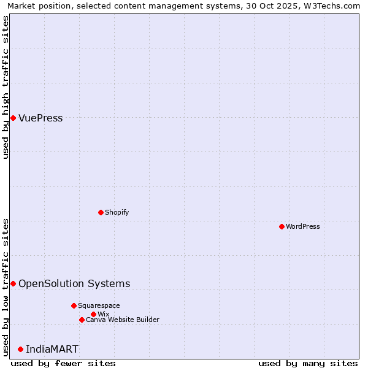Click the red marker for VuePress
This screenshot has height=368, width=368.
point(13,118)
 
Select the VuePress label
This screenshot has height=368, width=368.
point(40,118)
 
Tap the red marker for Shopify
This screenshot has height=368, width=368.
point(101,212)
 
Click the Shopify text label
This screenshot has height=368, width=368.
point(117,212)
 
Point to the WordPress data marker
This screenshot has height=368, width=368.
point(282,226)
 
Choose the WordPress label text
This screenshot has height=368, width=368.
point(303,226)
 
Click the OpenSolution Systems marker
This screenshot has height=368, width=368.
point(13,283)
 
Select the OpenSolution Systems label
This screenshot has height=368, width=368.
point(74,283)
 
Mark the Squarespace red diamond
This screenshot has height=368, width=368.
point(74,305)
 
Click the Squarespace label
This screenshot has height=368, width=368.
point(99,305)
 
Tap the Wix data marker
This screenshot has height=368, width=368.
point(93,314)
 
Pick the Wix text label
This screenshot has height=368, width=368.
point(103,314)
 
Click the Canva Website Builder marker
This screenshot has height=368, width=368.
point(82,320)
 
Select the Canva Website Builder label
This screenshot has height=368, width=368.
point(122,320)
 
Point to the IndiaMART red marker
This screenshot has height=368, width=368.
point(20,349)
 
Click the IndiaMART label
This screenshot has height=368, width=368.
point(52,350)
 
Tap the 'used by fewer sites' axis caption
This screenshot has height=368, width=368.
point(63,363)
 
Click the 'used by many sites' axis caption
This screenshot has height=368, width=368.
point(308,363)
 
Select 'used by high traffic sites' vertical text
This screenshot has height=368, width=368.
point(6,87)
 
